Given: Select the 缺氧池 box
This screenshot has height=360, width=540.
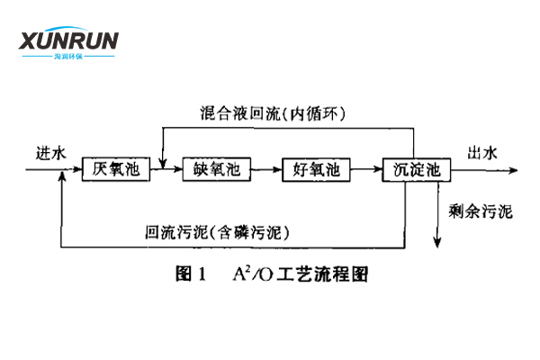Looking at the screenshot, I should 212,169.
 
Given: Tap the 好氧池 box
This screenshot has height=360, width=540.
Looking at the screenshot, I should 312,169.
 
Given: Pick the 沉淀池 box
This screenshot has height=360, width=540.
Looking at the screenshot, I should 412,169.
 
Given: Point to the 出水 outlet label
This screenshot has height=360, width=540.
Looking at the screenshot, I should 481,152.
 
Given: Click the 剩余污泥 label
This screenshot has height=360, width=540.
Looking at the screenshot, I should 480,212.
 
